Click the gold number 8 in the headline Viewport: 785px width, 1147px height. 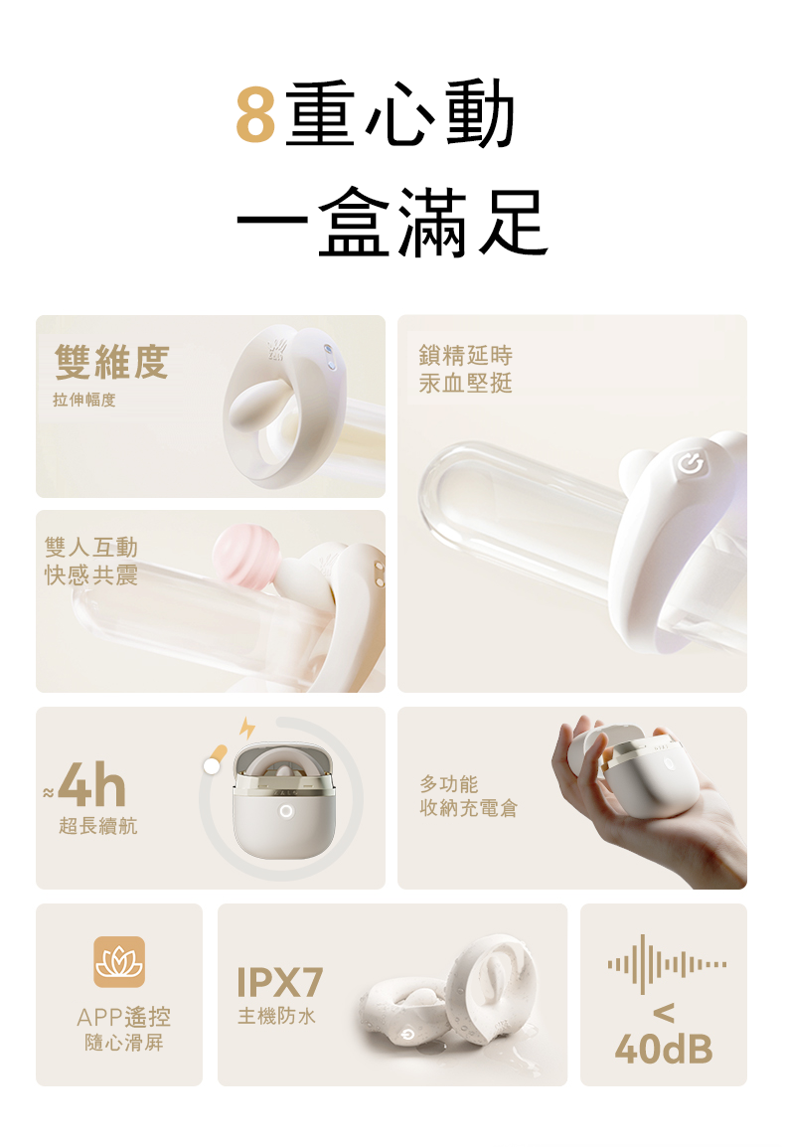point(255,114)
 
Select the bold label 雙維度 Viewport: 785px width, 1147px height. point(111,363)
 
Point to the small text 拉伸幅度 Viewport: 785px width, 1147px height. point(84,401)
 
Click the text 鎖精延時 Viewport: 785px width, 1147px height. point(466,356)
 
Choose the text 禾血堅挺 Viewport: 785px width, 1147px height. point(466,384)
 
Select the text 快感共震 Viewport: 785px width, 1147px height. point(91,575)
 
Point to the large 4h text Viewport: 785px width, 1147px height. point(91,788)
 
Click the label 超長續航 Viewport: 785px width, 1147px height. point(98,826)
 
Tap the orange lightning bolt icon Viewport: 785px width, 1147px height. point(245,729)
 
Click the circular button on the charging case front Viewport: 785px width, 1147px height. point(286,811)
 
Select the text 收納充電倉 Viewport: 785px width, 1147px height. point(468,808)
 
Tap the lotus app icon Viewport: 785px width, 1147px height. point(119,962)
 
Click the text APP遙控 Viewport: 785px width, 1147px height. point(123,1017)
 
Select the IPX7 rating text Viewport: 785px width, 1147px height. point(280,983)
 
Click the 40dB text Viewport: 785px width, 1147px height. point(664,1048)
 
